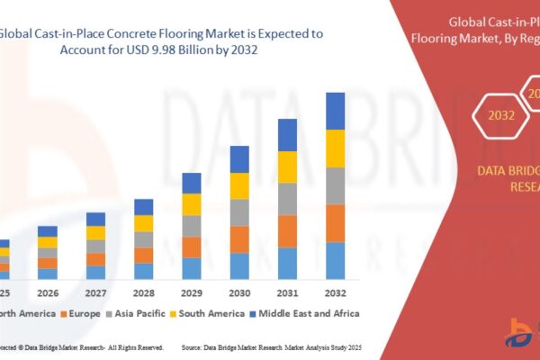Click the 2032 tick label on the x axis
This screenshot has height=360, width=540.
pos(335,293)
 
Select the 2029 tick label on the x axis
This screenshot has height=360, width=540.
pos(192,293)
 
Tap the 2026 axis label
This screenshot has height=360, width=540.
pos(48,293)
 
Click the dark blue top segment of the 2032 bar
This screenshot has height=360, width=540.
pos(335,111)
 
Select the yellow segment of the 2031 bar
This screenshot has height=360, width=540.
pos(287,166)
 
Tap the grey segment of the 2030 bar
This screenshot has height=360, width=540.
pos(239,212)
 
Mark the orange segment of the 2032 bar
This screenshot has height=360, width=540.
pos(335,223)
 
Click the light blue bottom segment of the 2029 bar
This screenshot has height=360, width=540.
pos(192,268)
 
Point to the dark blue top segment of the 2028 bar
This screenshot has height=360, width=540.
pos(144,207)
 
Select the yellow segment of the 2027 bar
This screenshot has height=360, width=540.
pos(95,232)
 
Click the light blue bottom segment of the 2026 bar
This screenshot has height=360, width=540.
pos(48,274)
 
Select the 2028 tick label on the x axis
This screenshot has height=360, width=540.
pos(144,293)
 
